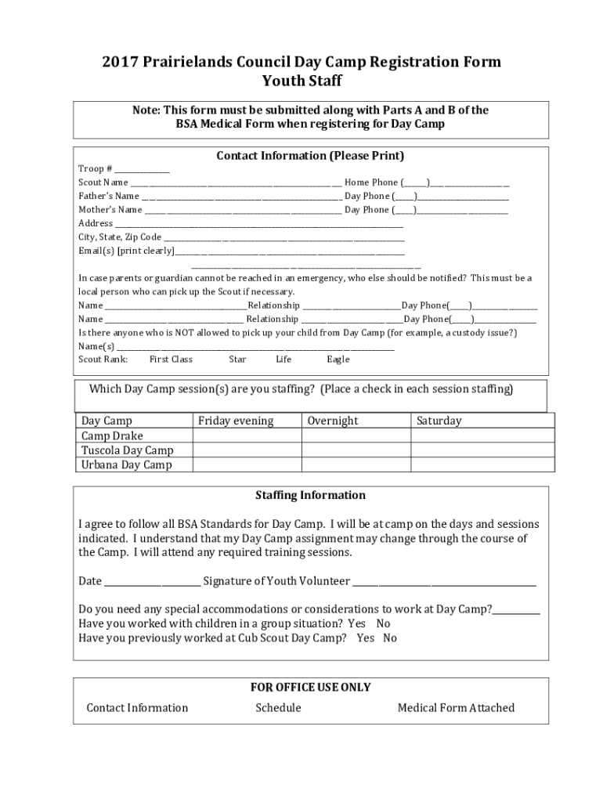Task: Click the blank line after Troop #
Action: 143,170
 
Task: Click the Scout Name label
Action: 103,182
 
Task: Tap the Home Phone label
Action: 371,182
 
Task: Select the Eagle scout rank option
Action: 338,359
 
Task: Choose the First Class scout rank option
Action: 171,359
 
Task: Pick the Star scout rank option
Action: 237,359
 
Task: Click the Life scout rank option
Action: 283,359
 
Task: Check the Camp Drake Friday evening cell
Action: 247,435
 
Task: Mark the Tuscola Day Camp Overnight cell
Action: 356,450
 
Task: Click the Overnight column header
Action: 333,421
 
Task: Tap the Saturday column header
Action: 439,421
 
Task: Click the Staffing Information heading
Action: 310,495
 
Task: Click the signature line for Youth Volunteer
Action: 444,582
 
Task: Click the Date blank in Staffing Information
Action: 152,582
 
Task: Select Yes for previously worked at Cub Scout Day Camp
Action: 365,638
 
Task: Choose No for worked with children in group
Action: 383,624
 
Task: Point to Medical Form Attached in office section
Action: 456,708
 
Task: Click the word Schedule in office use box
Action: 278,708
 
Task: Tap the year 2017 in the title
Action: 118,62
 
